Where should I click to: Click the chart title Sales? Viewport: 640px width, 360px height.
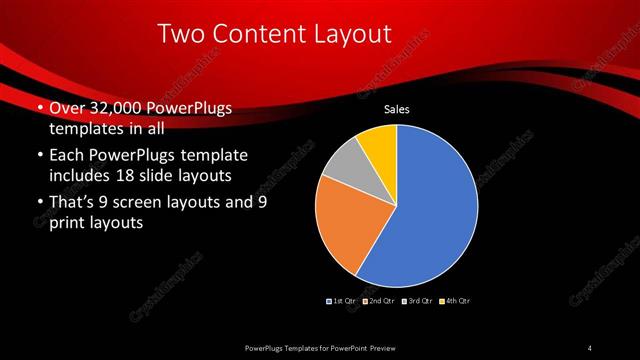pos(398,110)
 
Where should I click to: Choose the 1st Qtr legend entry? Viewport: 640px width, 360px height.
pos(342,300)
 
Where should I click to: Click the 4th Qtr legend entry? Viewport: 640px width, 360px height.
pos(456,300)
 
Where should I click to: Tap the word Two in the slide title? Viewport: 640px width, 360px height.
pos(183,35)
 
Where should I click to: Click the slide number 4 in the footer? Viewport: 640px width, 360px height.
pos(590,347)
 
